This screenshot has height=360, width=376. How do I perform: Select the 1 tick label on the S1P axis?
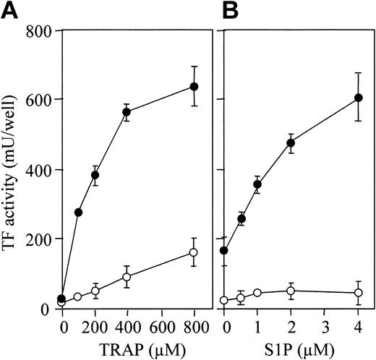point(257,326)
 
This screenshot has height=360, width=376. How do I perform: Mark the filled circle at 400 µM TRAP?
point(127,112)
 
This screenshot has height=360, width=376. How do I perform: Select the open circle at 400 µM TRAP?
point(127,277)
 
